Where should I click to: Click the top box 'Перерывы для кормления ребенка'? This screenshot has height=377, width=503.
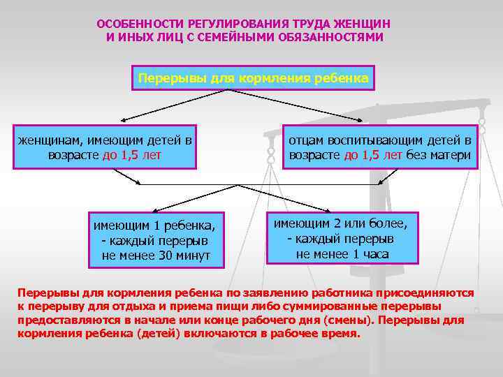pyautogui.click(x=253, y=77)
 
